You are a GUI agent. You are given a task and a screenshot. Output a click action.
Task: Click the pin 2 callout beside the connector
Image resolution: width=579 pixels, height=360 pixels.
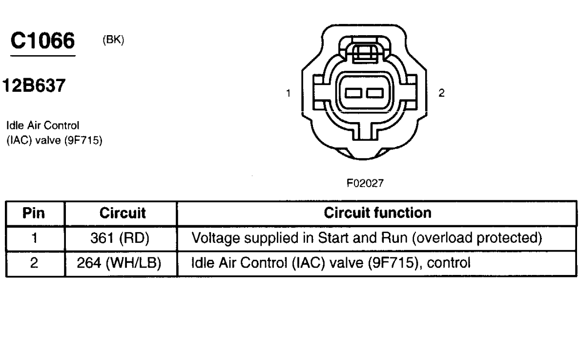(x=442, y=92)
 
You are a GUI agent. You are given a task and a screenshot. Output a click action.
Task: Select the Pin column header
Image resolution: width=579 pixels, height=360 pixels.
(x=35, y=213)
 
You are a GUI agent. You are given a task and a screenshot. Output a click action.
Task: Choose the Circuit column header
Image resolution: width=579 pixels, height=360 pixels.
(x=121, y=213)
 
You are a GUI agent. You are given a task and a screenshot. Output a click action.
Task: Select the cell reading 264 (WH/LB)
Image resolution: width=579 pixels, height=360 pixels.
(x=121, y=264)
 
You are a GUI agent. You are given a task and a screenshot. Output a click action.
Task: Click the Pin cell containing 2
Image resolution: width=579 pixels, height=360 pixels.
(x=35, y=264)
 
